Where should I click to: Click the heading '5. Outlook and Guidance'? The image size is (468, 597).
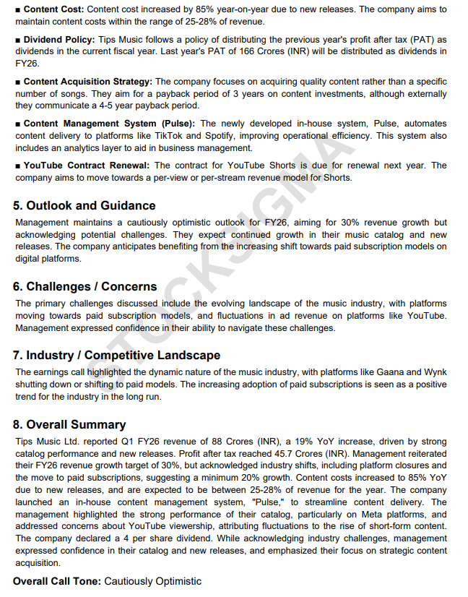point(84,205)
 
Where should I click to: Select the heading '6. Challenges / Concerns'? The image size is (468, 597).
point(84,286)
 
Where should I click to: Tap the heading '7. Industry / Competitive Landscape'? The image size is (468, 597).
point(116,355)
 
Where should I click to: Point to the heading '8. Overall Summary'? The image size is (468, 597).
point(69,424)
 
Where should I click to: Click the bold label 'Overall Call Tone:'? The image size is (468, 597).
point(57,581)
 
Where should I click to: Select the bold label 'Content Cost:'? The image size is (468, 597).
point(53,9)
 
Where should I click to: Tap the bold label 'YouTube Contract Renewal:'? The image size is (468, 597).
point(87,166)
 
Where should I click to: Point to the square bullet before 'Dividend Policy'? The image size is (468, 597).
point(17,39)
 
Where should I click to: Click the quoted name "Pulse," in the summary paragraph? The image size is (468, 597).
point(268,502)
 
